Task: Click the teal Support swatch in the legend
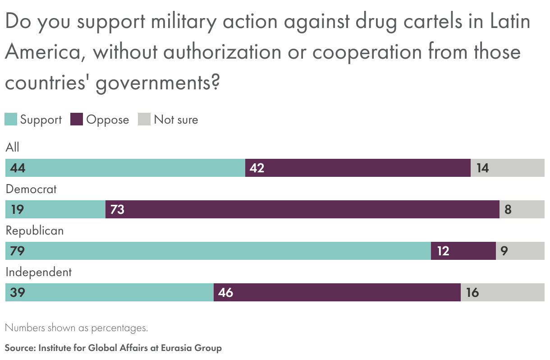click(11, 120)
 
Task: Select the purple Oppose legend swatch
click(77, 120)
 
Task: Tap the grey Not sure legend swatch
click(144, 120)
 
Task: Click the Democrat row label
click(31, 189)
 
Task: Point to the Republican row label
click(35, 231)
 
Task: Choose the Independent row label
click(38, 272)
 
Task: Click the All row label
click(13, 148)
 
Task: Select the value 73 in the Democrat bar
click(117, 209)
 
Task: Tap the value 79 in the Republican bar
click(17, 251)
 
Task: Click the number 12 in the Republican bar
click(443, 251)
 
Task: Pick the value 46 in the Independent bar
click(225, 292)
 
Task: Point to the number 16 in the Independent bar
click(472, 292)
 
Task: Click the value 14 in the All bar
click(482, 168)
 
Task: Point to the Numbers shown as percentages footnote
click(76, 328)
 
